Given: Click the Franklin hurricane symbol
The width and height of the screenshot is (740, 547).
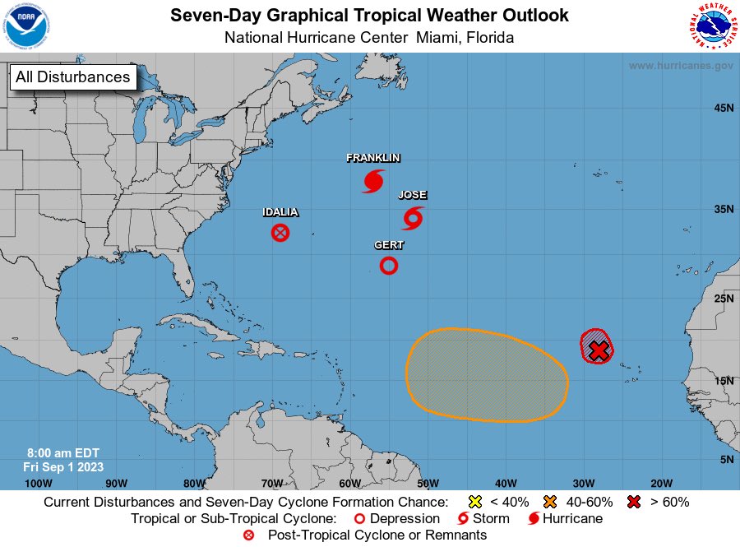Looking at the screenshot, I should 374,181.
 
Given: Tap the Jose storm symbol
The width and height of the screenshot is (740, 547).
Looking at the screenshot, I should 413,218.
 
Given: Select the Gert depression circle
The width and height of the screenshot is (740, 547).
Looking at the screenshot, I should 389,265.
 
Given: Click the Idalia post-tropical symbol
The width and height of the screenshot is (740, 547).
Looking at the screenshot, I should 280,233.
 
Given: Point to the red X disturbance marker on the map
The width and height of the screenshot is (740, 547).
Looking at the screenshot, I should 599,350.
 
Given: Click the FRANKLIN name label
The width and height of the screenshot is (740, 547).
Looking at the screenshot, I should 373,158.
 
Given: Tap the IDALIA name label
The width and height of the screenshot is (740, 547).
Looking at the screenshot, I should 280,212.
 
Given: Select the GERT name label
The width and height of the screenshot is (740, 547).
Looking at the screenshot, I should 389,245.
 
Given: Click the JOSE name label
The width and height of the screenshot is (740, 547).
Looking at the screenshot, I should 413,196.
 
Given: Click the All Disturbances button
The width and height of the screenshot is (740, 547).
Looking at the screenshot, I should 72,77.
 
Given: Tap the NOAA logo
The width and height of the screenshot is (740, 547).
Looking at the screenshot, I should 26,26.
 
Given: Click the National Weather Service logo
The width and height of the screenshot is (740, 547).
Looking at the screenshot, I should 711,26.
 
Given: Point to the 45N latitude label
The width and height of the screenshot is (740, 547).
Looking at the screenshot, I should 724,108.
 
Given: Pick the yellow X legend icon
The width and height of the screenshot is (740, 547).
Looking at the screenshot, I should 474,502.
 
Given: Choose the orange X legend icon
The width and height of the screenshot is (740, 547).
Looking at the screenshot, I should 550,502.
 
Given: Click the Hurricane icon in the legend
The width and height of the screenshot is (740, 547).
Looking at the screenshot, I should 534,519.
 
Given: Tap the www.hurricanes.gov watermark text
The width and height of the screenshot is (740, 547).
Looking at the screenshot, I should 681,66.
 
